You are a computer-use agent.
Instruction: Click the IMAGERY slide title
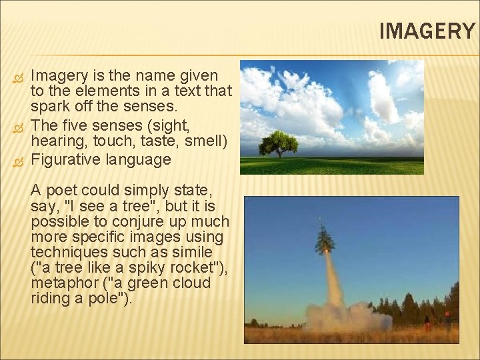tap(427, 31)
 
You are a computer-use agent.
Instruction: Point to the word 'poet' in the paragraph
tap(61, 191)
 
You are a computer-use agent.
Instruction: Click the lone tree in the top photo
tap(278, 143)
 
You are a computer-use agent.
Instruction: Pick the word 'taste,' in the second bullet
tap(171, 141)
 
